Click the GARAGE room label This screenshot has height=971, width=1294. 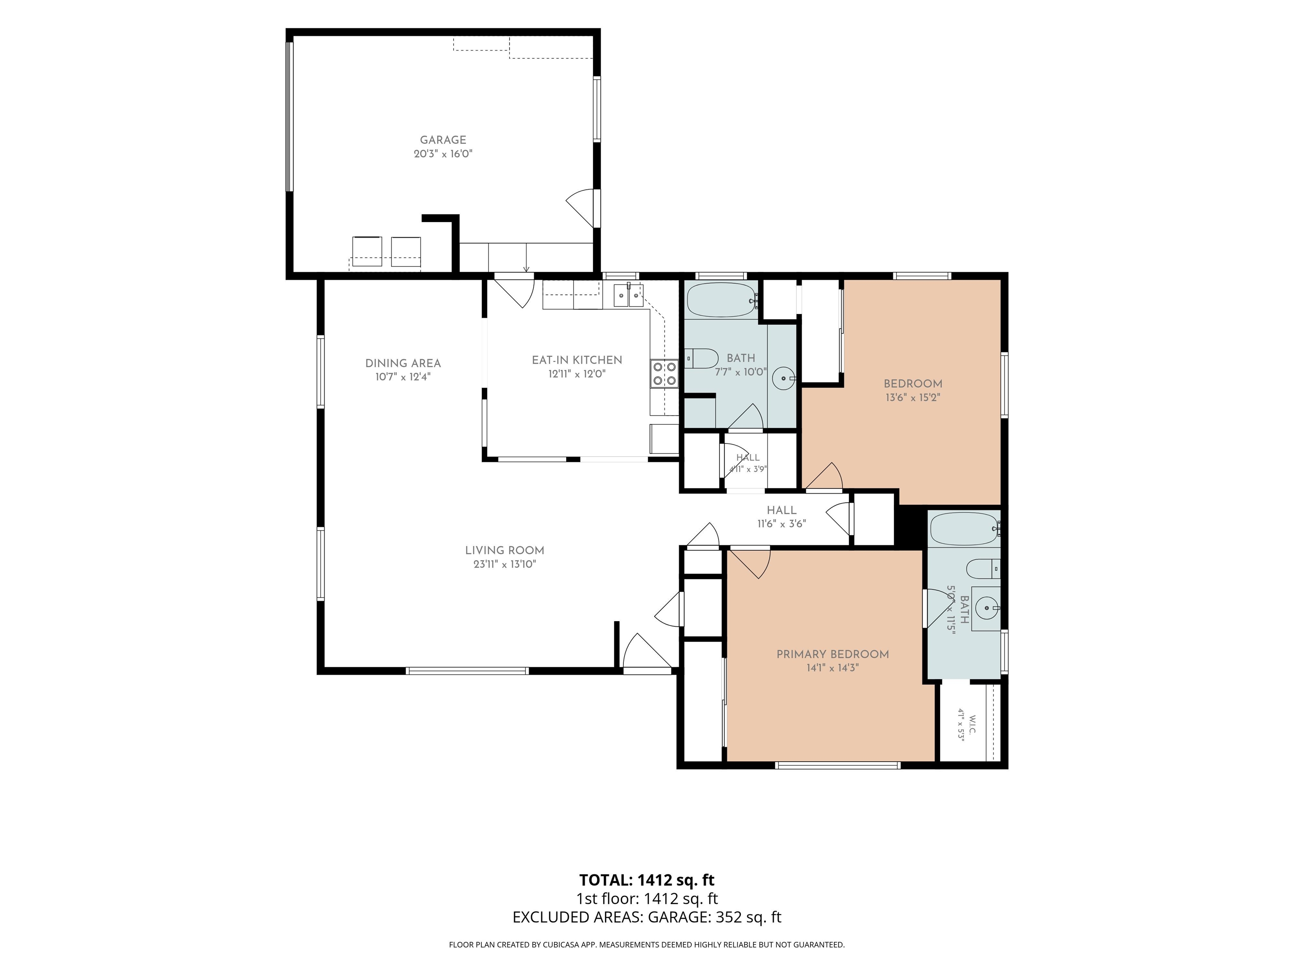pos(443,140)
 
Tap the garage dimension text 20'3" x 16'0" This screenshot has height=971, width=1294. pos(443,154)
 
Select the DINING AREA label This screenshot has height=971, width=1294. pos(403,363)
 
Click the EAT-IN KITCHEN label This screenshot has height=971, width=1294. pos(577,360)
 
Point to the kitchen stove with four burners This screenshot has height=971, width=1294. pos(664,373)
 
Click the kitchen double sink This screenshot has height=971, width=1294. pos(628,295)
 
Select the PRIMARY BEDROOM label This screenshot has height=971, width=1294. pos(832,654)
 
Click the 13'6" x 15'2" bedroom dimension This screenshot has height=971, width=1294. pos(913,397)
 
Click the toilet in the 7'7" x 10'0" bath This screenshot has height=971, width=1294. pos(701,358)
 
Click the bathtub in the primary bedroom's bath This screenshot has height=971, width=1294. pos(965,529)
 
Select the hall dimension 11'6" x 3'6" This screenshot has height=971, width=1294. pos(781,524)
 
